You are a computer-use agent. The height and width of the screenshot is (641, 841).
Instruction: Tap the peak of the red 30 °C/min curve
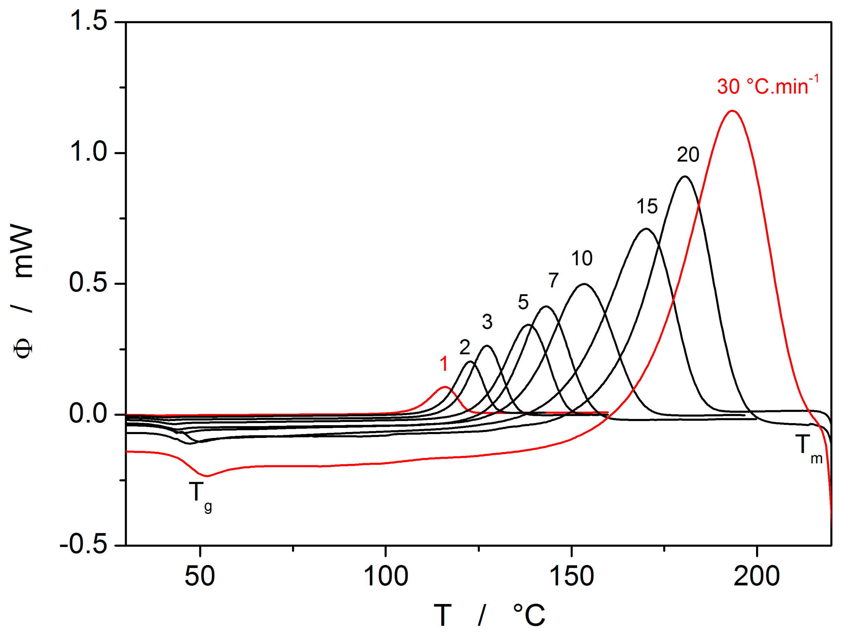pos(732,111)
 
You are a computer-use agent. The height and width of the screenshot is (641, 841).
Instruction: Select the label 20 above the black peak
pos(688,155)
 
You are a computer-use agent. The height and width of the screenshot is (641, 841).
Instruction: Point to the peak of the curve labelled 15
pos(646,229)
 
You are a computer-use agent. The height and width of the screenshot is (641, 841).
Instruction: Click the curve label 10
pos(581,259)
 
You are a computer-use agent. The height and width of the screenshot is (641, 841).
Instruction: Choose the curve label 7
pos(553,280)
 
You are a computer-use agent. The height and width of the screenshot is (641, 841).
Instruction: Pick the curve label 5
pos(523,302)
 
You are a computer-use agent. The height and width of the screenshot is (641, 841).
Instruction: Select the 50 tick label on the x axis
pos(200,576)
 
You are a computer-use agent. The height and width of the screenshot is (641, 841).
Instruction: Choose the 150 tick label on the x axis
pos(571,576)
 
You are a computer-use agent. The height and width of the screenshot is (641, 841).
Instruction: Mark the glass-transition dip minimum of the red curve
pos(207,476)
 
